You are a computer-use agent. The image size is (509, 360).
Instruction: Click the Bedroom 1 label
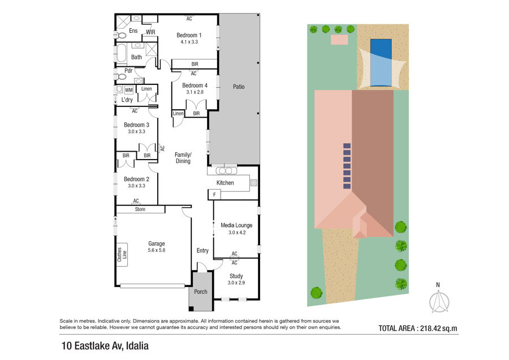click(x=189, y=35)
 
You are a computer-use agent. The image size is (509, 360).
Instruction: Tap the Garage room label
click(x=157, y=243)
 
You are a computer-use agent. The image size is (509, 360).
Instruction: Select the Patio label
click(x=239, y=87)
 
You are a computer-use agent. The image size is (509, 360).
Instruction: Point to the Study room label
click(x=236, y=276)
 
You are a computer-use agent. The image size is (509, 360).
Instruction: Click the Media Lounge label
click(x=236, y=225)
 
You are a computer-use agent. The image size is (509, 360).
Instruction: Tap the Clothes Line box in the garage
click(x=122, y=255)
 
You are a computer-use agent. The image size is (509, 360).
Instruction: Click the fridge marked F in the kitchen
click(x=214, y=195)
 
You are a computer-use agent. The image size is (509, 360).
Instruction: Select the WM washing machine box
click(x=129, y=90)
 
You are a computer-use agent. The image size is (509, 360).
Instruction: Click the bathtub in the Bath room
click(x=121, y=53)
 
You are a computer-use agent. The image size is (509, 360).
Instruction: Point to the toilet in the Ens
click(x=120, y=35)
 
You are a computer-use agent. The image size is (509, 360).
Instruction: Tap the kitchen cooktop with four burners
click(x=253, y=183)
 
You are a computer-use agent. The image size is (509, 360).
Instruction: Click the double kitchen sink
click(x=226, y=171)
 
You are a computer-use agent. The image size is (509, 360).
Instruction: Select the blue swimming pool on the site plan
click(x=381, y=62)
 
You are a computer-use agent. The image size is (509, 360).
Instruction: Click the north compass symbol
click(x=439, y=301)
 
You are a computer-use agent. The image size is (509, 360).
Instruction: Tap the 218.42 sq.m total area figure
click(x=438, y=328)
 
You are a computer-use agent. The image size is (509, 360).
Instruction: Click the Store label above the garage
click(x=140, y=209)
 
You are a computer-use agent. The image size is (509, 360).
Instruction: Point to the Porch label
click(x=201, y=292)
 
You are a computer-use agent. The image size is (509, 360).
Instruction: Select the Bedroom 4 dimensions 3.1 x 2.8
click(x=195, y=92)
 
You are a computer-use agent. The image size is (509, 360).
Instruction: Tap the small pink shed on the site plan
click(x=339, y=40)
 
